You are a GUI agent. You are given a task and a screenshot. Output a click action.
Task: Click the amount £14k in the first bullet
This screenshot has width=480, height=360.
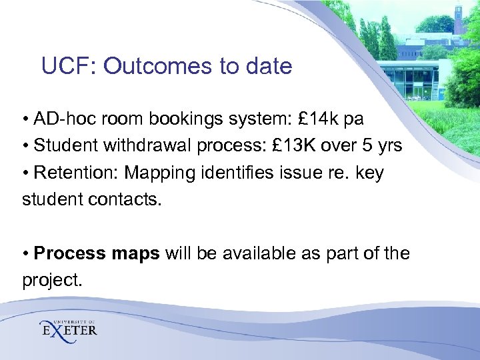317,119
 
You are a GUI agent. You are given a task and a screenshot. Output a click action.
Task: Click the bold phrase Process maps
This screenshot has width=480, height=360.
97,254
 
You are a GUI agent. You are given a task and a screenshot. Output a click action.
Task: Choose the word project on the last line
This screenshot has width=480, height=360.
52,281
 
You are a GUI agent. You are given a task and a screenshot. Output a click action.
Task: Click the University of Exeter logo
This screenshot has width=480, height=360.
68,328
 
